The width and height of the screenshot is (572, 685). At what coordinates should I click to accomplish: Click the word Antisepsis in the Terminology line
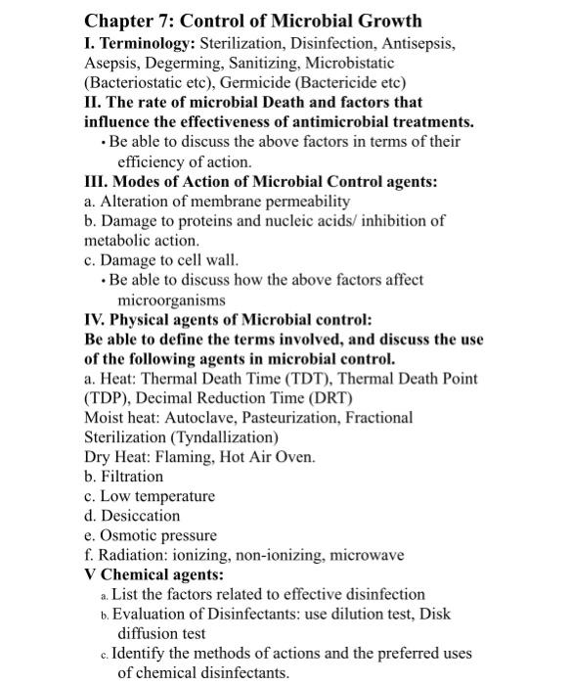pyautogui.click(x=414, y=43)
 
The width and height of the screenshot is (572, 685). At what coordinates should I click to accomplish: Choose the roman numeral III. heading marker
pyautogui.click(x=99, y=181)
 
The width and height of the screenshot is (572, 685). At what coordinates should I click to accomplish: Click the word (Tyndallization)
pyautogui.click(x=222, y=437)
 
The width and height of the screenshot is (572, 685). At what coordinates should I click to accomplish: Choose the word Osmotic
pyautogui.click(x=128, y=536)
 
